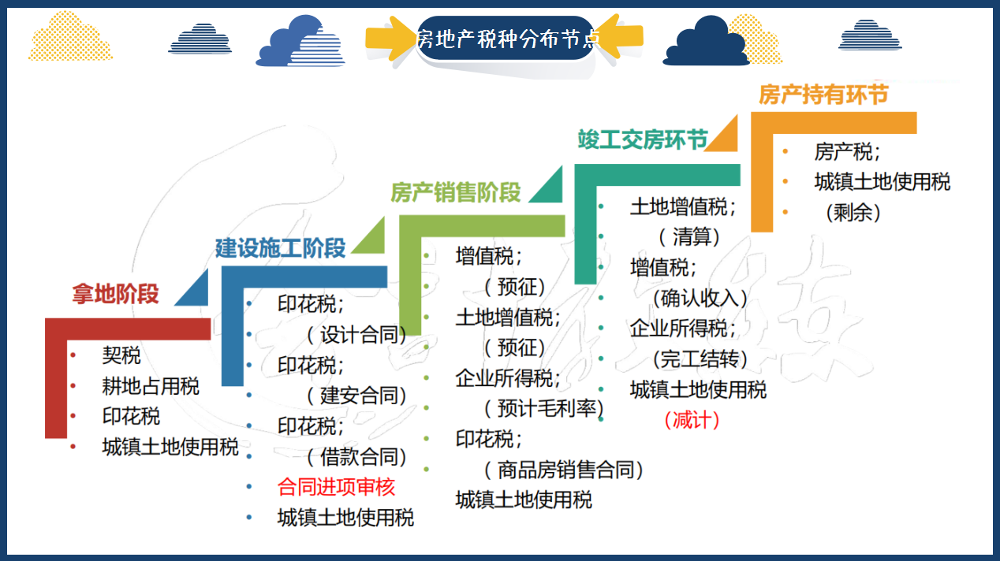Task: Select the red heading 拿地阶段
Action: pos(115,294)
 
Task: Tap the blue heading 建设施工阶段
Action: pos(280,248)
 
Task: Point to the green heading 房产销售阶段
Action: pos(456,193)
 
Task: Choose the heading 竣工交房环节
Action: pos(642,140)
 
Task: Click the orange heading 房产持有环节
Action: pos(823,95)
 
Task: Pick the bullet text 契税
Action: pos(121,355)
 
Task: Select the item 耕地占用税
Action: pos(151,386)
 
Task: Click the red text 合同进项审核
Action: pos(336,487)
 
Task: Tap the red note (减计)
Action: pos(692,420)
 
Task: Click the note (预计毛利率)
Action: pos(543,408)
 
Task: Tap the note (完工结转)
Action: pos(700,359)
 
